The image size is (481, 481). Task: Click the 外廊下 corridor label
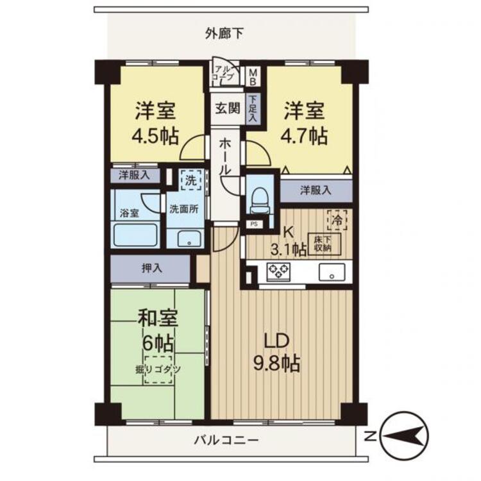tap(224, 33)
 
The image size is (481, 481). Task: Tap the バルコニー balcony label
tap(226, 441)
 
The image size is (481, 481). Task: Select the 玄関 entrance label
tap(226, 108)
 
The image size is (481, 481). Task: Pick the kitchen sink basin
tap(332, 271)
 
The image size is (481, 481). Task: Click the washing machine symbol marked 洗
tap(190, 180)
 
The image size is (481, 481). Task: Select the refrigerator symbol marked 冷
tap(337, 220)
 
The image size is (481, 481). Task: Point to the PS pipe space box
tap(253, 224)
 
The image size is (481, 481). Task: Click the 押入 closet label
tap(151, 268)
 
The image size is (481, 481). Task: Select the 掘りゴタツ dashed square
tap(158, 369)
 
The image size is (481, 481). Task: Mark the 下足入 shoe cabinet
tap(253, 108)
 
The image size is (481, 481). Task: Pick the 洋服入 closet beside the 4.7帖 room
tap(316, 190)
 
